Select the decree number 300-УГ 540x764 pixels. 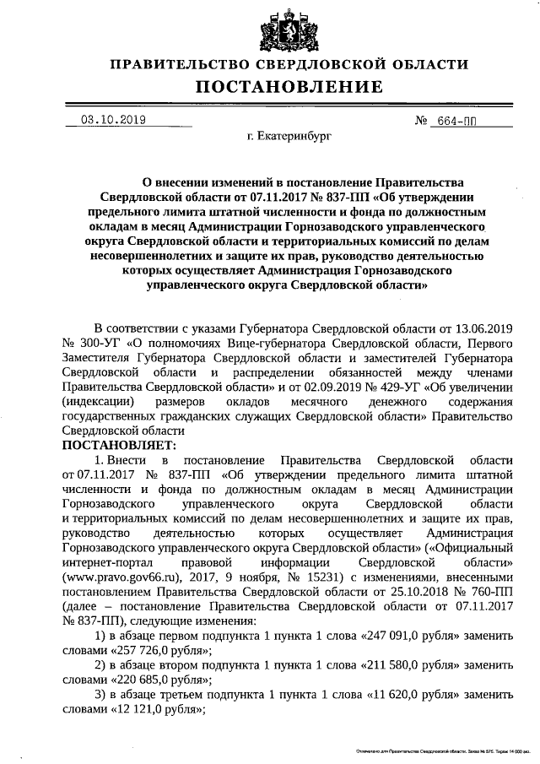(x=100, y=344)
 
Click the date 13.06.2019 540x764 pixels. (x=483, y=328)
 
